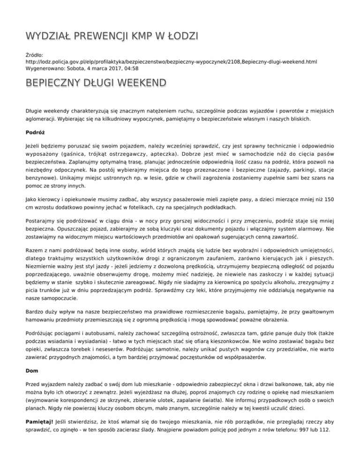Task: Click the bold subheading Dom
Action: click(32, 370)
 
